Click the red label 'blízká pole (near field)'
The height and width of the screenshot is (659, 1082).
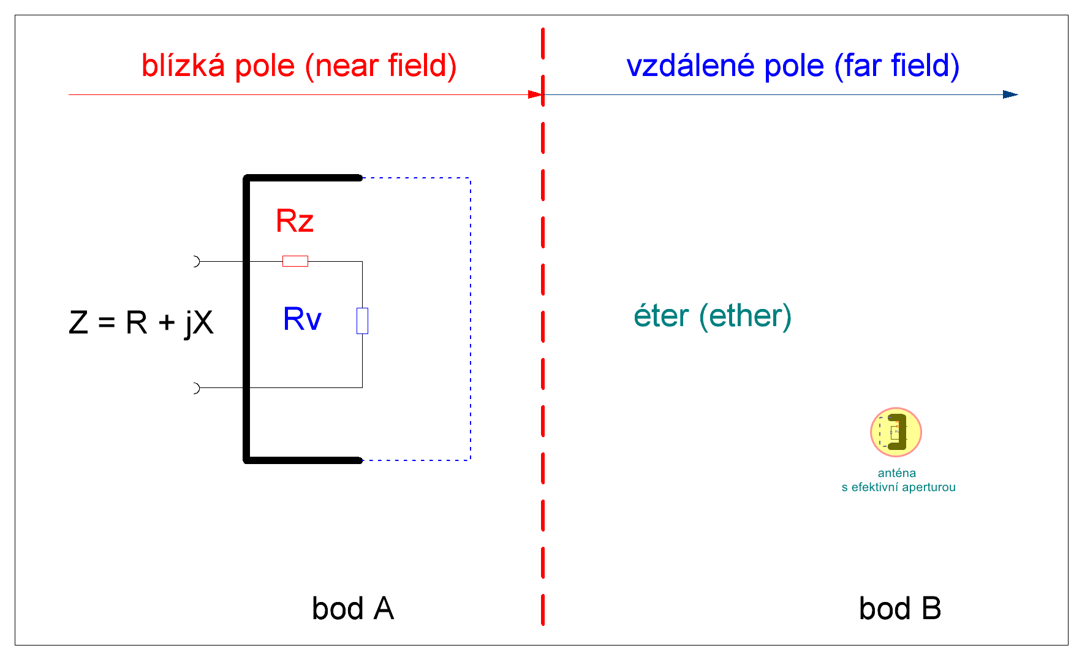coord(299,66)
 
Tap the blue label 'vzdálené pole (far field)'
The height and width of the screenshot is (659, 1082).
coord(792,66)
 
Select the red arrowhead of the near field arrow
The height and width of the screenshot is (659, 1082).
coord(535,94)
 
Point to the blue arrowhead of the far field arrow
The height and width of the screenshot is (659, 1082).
coord(1010,94)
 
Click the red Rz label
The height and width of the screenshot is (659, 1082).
coord(295,221)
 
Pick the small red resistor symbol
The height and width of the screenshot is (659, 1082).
coord(295,261)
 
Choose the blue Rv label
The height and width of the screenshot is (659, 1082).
coord(302,319)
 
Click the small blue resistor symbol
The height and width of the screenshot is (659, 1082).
coord(362,321)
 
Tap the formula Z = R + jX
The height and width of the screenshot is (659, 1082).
coord(141,322)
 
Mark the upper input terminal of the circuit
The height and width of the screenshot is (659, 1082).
coord(195,261)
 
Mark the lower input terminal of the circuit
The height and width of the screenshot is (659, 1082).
coord(195,388)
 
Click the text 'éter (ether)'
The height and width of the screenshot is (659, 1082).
coord(713,316)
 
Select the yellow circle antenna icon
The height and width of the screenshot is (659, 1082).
coord(896,432)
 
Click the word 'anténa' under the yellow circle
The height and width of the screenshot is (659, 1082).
coord(896,473)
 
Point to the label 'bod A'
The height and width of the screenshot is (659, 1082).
coord(352,609)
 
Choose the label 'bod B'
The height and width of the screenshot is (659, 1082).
coord(899,609)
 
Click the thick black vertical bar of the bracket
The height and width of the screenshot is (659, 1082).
coord(247,319)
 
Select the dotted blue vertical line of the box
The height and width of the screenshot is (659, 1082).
coord(471,319)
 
